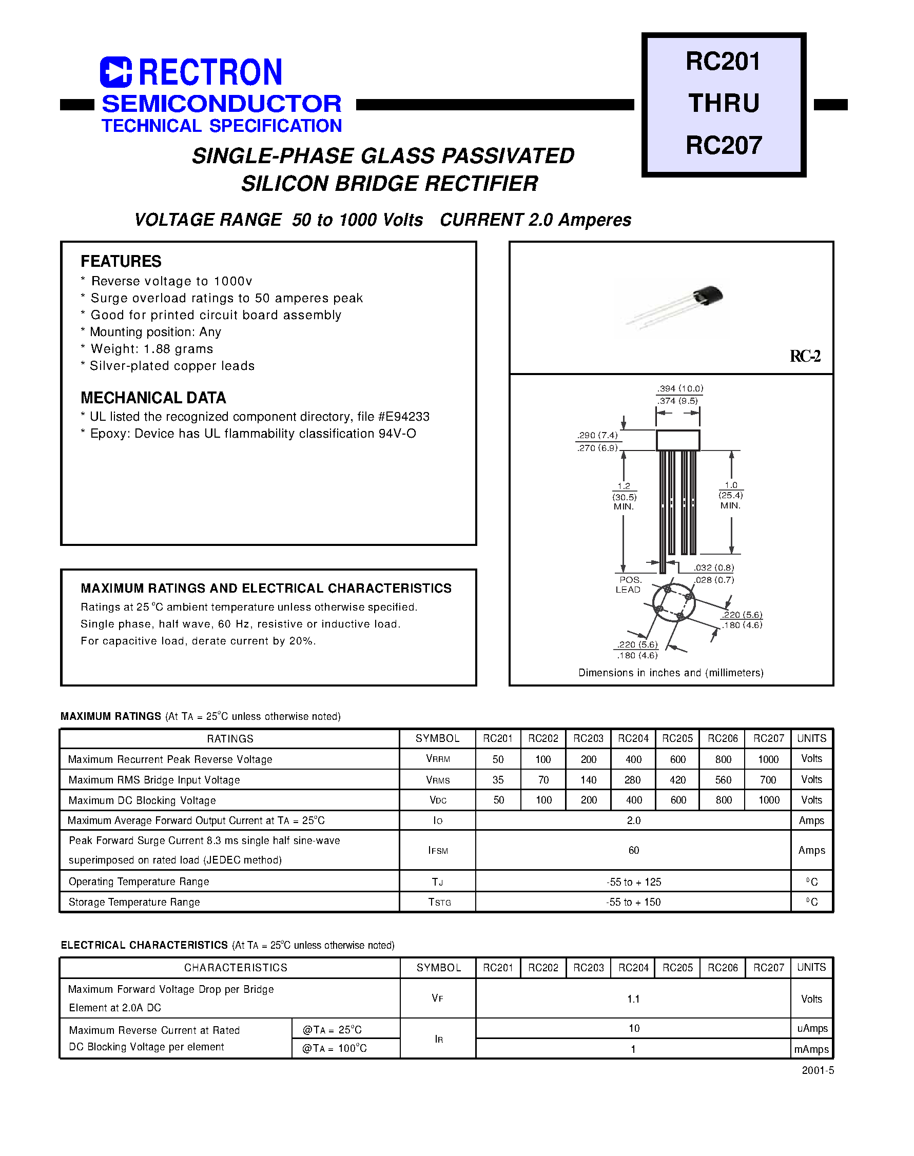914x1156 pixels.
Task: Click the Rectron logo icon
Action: [115, 72]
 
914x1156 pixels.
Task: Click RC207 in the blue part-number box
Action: [724, 146]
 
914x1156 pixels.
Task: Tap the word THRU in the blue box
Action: [724, 103]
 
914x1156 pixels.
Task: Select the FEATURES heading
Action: [121, 261]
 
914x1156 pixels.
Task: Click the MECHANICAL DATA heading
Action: [153, 398]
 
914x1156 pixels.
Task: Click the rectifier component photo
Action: [674, 307]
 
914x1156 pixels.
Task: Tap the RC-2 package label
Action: [805, 356]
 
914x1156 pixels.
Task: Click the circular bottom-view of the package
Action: [674, 603]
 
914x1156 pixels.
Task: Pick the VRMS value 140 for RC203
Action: [588, 780]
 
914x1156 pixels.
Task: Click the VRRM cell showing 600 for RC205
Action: [677, 759]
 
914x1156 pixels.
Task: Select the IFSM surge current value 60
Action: [634, 850]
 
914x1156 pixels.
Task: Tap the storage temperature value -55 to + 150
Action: [634, 902]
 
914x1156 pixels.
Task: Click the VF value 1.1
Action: [634, 998]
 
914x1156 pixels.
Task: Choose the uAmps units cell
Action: [811, 1028]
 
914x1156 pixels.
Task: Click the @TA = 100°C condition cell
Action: [335, 1048]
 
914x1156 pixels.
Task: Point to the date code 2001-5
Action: [817, 1070]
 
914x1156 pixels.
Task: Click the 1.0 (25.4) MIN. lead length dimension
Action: [730, 495]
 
